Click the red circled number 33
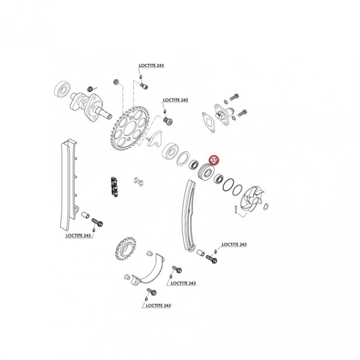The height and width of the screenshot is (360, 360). tap(214, 160)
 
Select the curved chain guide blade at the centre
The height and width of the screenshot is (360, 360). tap(189, 215)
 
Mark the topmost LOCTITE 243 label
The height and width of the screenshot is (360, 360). tap(151, 66)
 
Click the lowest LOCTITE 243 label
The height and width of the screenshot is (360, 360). tap(158, 305)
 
